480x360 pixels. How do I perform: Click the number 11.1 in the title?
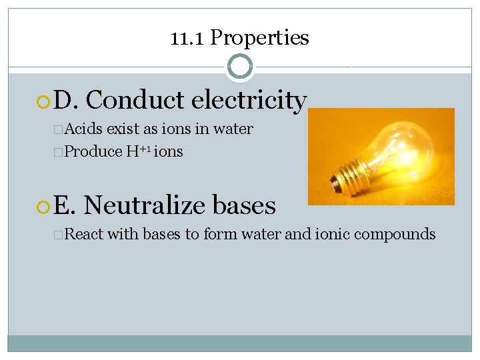point(187,38)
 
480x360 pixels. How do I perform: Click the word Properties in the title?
point(259,38)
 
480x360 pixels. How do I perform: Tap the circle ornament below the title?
point(239,67)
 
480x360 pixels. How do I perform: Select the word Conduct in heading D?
point(135,101)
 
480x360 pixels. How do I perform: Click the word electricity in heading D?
point(249,101)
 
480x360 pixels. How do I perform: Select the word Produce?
point(93,151)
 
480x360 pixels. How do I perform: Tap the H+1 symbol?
point(137,151)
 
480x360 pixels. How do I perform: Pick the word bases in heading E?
point(243,205)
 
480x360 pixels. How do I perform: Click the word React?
point(85,234)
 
